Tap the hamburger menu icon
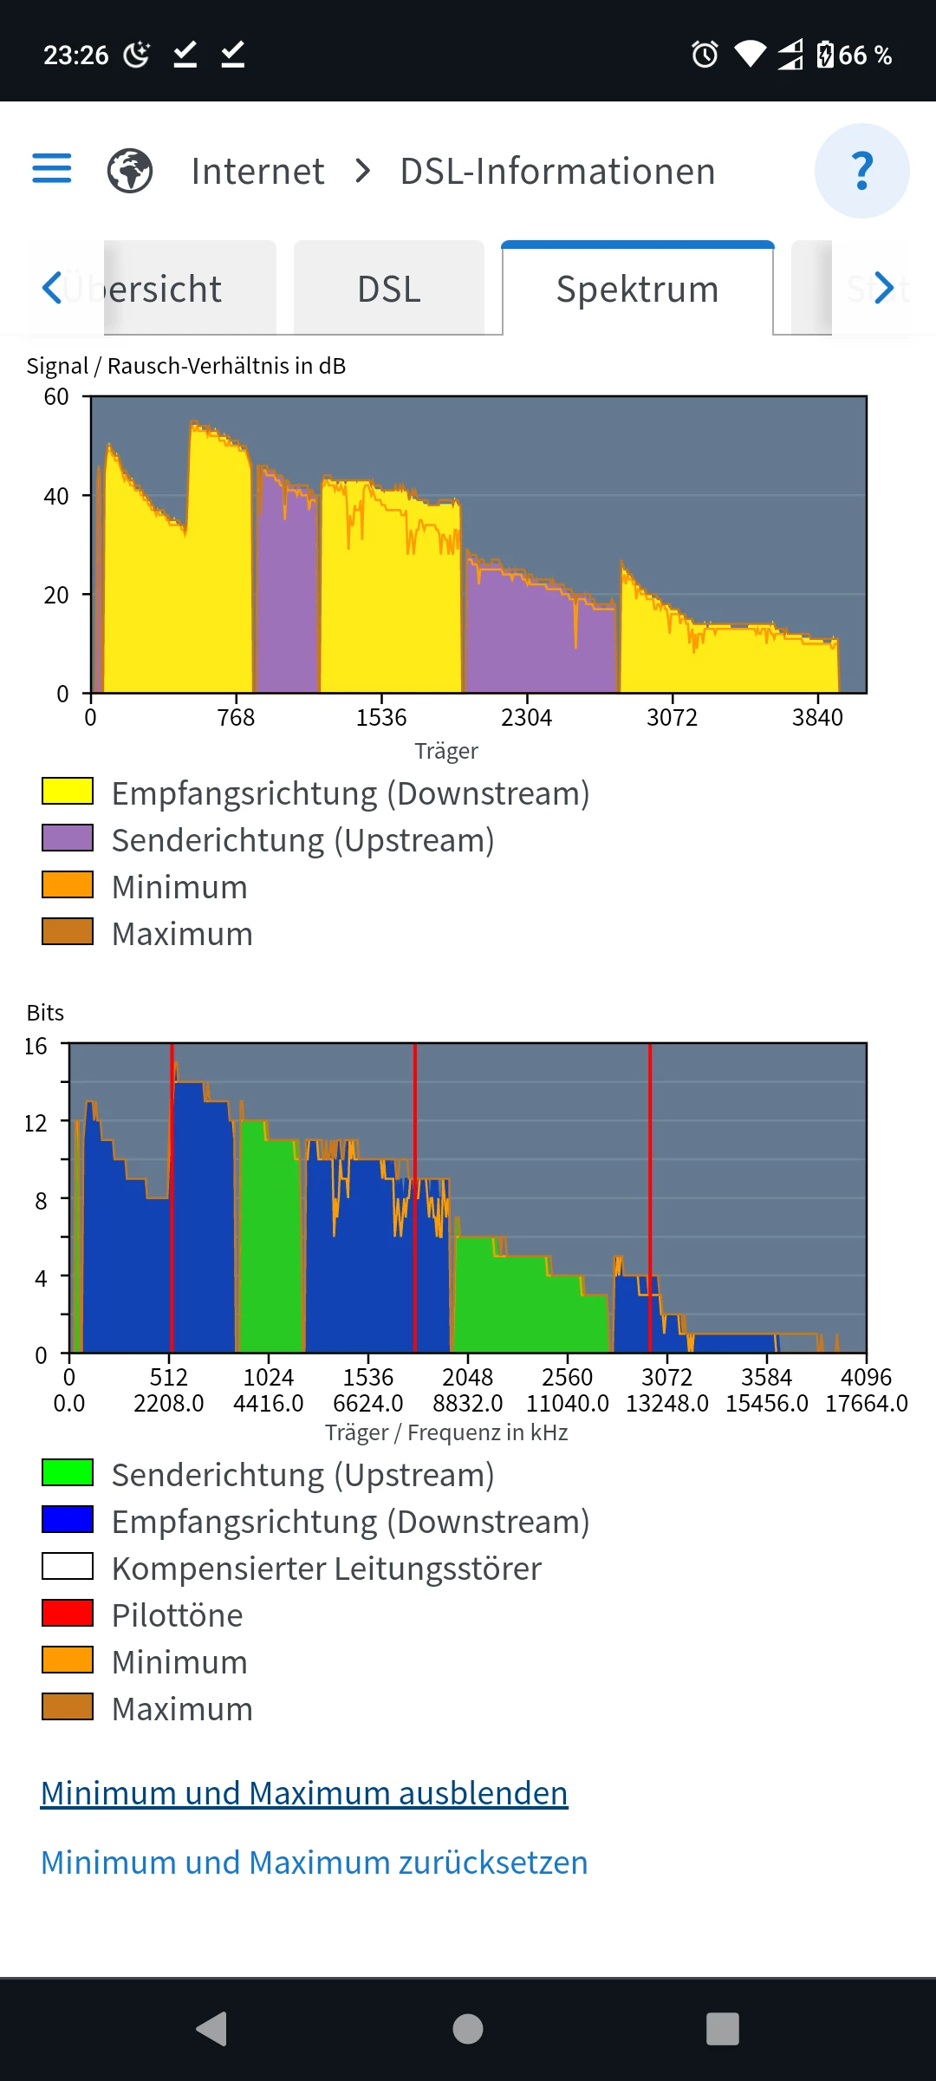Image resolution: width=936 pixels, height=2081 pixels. coord(52,169)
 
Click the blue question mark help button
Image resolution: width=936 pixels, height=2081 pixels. coord(861,171)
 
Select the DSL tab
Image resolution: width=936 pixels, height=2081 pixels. coord(389,289)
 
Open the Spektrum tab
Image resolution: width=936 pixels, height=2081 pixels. coord(637,289)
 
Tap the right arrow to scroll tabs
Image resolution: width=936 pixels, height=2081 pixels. coord(883,288)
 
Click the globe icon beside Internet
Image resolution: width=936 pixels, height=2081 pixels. coord(130,171)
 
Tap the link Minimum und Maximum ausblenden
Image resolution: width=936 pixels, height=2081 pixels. coord(304,1792)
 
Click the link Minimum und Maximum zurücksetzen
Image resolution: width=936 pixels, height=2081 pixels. coord(314,1862)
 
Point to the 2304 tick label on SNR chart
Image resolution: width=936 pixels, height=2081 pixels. coord(526,717)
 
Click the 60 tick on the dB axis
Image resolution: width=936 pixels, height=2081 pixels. coord(56,397)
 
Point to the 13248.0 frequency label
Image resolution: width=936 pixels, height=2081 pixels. coord(666,1403)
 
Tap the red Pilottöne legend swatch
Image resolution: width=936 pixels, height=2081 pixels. coord(68,1613)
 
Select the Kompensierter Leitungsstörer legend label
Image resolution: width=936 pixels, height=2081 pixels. coord(326,1569)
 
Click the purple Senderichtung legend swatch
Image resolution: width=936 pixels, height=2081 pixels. coord(68,838)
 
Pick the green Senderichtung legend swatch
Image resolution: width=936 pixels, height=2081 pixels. coord(68,1472)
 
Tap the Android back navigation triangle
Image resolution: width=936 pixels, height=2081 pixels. coord(212,2029)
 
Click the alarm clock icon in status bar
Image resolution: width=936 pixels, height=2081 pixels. coord(705,55)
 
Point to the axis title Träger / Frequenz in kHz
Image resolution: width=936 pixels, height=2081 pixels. coord(446,1432)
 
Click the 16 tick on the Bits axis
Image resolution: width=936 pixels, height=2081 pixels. coord(36,1047)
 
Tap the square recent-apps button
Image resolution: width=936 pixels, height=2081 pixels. coord(723,2029)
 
